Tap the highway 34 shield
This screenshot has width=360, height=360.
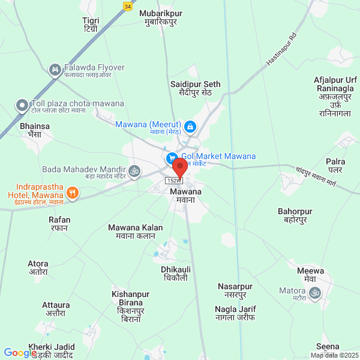click(x=127, y=5)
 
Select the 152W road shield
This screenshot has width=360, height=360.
click(x=173, y=181)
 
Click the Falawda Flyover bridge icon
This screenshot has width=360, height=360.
click(x=55, y=70)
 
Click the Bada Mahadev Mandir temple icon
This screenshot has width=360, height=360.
click(x=134, y=171)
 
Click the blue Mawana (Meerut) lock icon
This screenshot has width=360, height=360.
click(x=190, y=127)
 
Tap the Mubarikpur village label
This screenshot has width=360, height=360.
click(x=160, y=17)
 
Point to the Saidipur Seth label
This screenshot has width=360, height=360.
click(x=195, y=88)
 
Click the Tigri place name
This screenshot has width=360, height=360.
click(x=91, y=25)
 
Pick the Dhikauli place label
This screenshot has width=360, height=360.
click(x=176, y=274)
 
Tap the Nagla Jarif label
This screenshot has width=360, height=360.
click(x=235, y=313)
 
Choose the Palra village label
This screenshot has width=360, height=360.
click(x=335, y=166)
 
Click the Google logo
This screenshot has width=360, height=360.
click(x=20, y=353)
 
